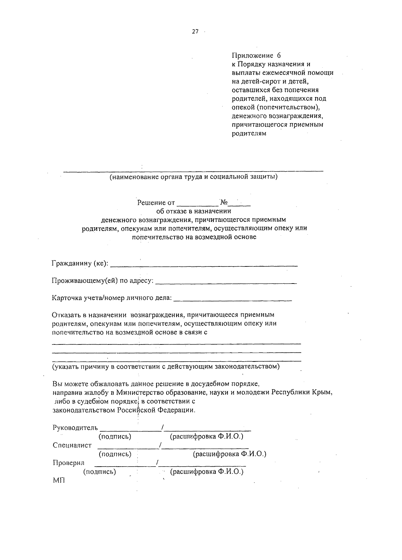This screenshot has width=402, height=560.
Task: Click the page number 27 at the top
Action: pos(195,31)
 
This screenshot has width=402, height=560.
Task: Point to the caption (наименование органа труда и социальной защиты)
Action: pos(194,177)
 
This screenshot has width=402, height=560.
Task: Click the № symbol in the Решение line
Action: pos(224,202)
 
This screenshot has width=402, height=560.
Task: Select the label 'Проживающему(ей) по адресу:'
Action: pos(103,281)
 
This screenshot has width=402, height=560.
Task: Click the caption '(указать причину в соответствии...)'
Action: pos(165,367)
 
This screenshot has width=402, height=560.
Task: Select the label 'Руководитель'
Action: pos(75,428)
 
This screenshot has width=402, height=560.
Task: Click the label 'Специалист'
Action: pos(72,446)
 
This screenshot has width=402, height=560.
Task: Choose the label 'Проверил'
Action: pos(69,463)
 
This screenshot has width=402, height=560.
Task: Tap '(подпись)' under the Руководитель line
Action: pos(115,437)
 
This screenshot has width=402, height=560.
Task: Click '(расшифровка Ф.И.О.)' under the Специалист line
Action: pos(229,454)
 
